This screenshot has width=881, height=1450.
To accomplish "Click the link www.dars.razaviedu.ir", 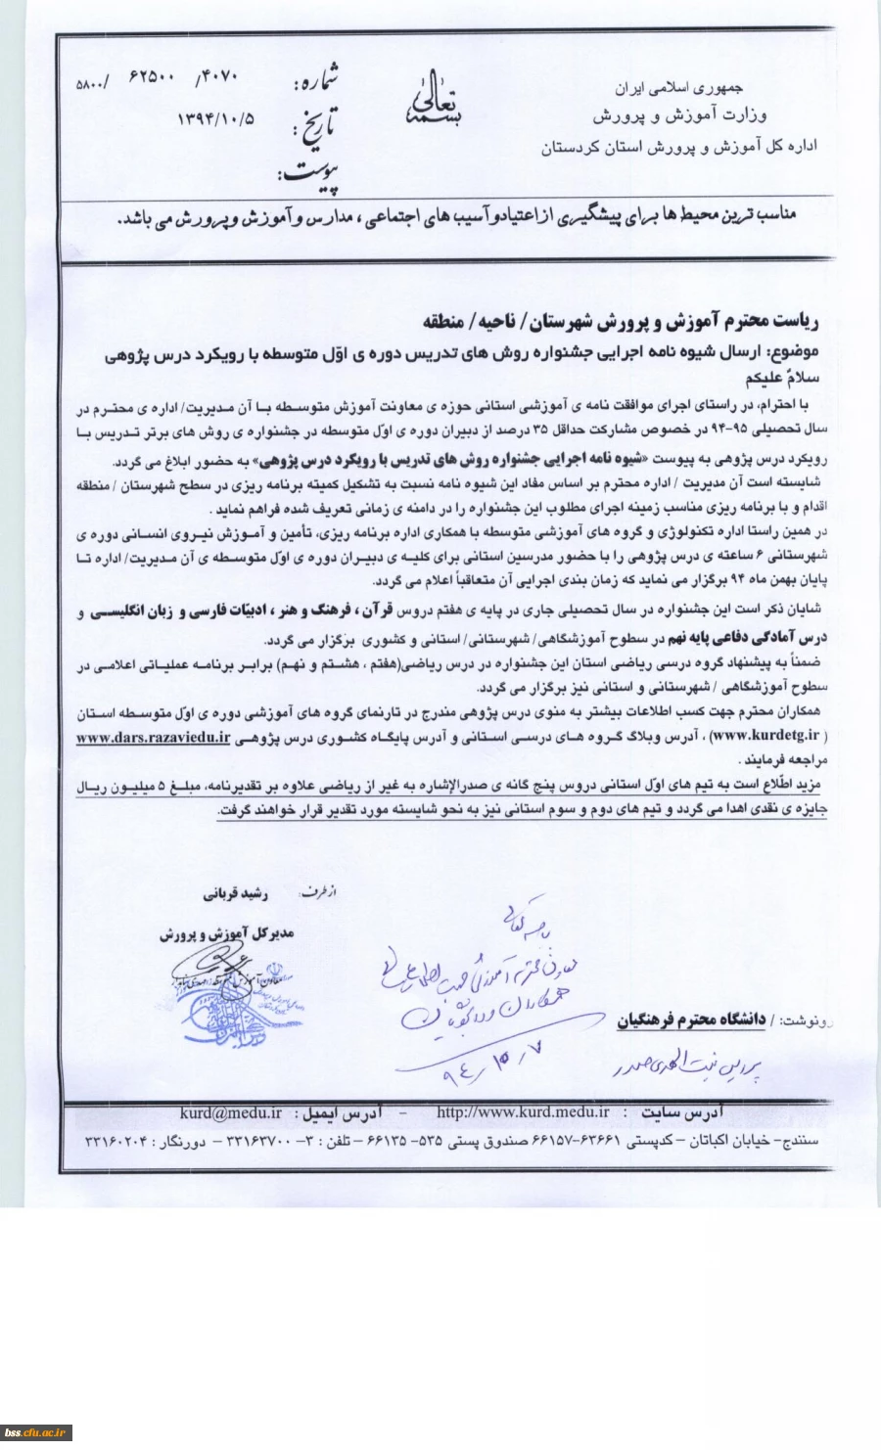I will click(154, 739).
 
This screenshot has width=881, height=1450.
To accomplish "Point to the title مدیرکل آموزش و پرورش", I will click(226, 934).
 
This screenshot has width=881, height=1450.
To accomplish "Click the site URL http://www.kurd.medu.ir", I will click(523, 1112).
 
